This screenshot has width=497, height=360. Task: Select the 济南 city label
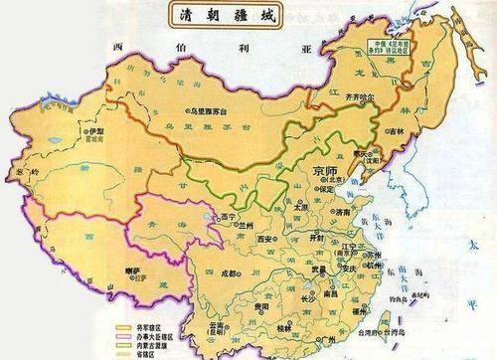click(344, 212)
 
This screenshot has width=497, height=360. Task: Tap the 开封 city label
click(317, 239)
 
